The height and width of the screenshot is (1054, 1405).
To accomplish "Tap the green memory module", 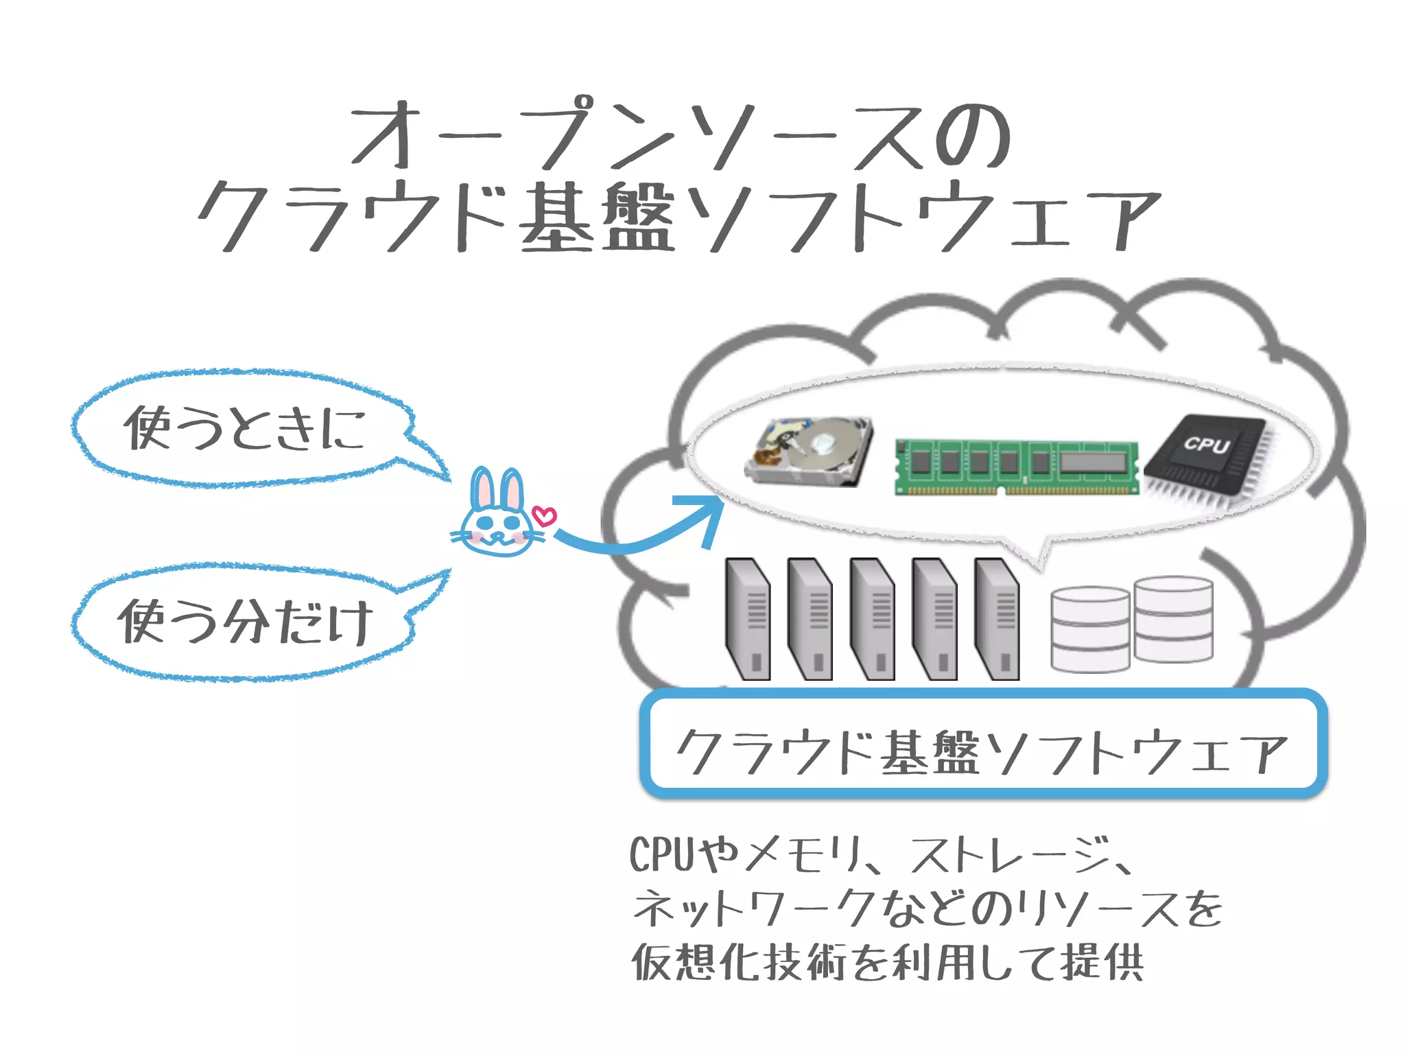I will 1016,467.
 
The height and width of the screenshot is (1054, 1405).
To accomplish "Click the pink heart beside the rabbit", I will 545,516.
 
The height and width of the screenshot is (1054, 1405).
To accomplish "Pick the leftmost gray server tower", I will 747,618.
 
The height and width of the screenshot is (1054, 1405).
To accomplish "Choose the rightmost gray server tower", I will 997,618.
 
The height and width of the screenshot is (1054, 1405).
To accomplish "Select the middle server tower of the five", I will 872,618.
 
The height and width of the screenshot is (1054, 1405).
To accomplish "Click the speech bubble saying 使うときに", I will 244,428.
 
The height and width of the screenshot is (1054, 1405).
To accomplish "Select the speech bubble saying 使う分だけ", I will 244,622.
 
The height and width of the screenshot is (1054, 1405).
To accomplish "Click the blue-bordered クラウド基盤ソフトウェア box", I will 982,744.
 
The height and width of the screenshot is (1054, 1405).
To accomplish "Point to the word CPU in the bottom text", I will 662,855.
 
